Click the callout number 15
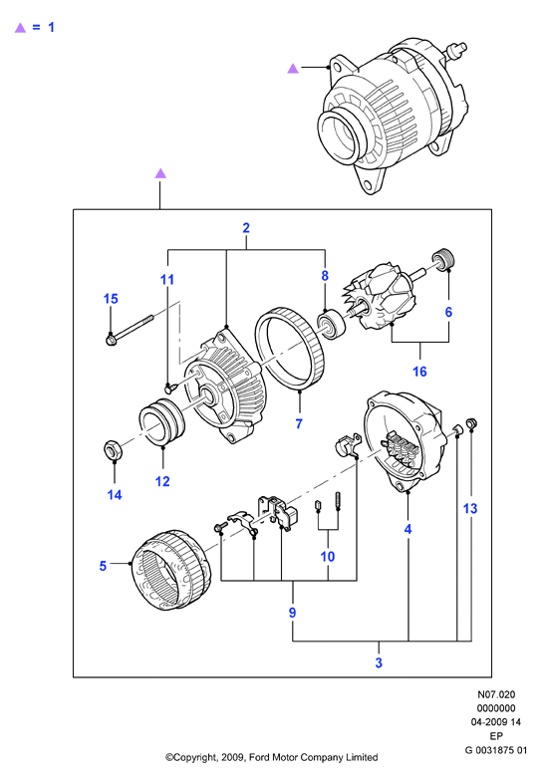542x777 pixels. [x=111, y=299]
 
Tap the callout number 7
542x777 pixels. [x=299, y=423]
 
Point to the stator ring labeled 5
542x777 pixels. [x=170, y=570]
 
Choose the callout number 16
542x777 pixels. [x=419, y=372]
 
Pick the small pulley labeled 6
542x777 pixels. [x=443, y=260]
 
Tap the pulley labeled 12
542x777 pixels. [x=161, y=421]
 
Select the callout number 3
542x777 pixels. [x=379, y=662]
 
